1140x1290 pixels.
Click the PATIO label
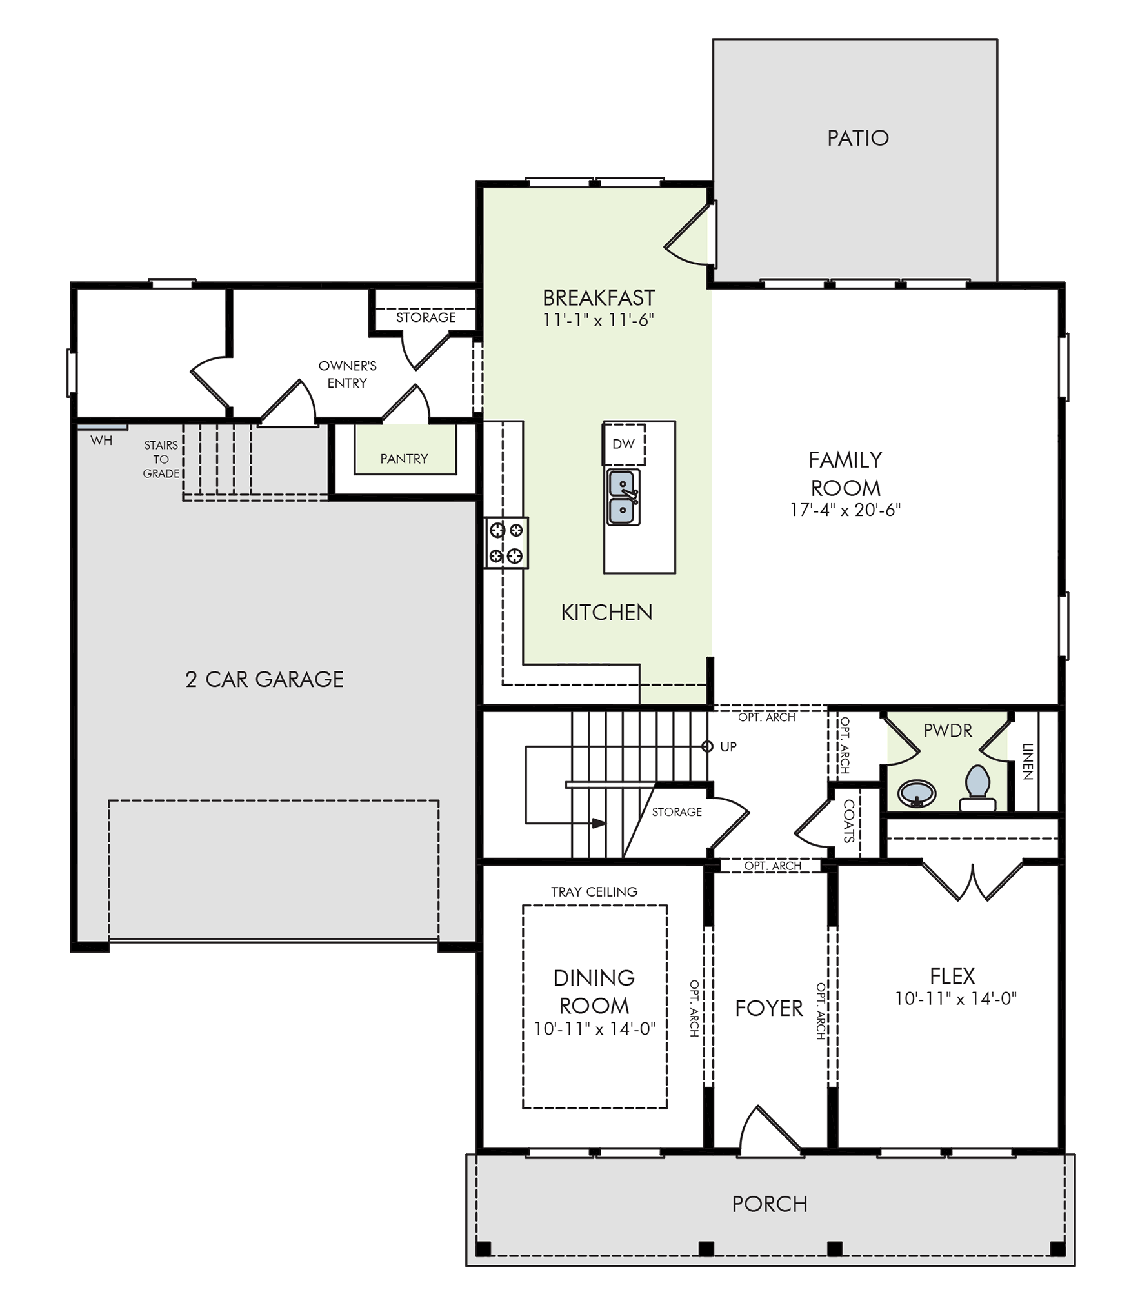(x=857, y=138)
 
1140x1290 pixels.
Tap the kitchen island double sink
(x=623, y=497)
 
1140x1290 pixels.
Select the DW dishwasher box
(x=624, y=444)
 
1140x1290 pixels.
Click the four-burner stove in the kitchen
(x=506, y=542)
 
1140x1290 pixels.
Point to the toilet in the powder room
(x=977, y=788)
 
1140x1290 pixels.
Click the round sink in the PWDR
(x=917, y=793)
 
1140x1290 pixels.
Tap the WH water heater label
(x=101, y=441)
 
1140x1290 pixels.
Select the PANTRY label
(x=404, y=459)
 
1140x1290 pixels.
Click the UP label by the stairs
(x=728, y=746)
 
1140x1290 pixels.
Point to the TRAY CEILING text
(x=594, y=891)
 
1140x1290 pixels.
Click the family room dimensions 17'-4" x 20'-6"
(x=845, y=510)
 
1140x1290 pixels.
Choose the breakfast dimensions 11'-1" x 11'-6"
(x=599, y=320)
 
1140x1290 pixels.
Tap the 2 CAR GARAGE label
(x=265, y=679)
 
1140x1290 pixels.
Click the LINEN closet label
(x=1028, y=761)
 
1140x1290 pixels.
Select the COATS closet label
(x=849, y=821)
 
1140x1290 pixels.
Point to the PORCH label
(x=770, y=1204)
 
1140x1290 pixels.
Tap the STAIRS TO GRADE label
(x=161, y=459)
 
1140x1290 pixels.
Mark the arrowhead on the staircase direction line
(x=599, y=824)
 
